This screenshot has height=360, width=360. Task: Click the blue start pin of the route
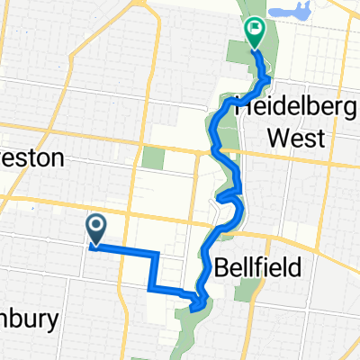tap(94, 226)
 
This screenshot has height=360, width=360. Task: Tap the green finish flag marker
tap(255, 32)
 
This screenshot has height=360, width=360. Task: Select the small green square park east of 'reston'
tap(154, 158)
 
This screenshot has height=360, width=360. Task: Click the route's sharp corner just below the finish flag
tap(268, 80)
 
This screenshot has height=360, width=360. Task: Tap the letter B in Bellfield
tap(223, 266)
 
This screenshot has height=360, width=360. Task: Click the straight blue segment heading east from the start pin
tap(126, 250)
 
